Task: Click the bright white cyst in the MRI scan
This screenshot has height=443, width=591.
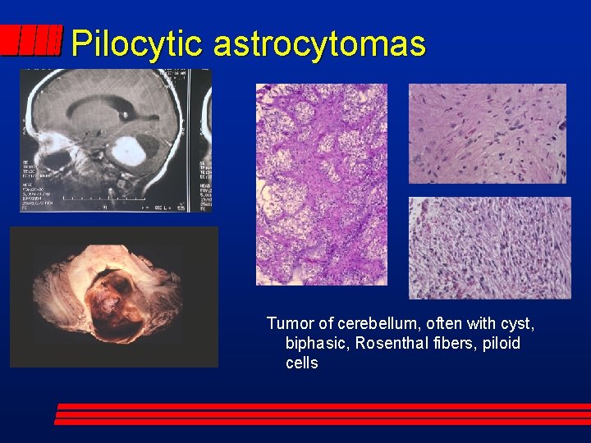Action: click(x=128, y=152)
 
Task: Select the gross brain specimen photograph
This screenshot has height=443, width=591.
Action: click(x=114, y=296)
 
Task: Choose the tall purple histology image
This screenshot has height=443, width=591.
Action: click(x=321, y=185)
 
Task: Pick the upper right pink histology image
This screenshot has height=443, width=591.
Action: click(x=488, y=133)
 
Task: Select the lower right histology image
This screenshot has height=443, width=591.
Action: click(x=489, y=248)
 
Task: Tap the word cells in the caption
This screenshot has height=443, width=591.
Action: click(x=302, y=363)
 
